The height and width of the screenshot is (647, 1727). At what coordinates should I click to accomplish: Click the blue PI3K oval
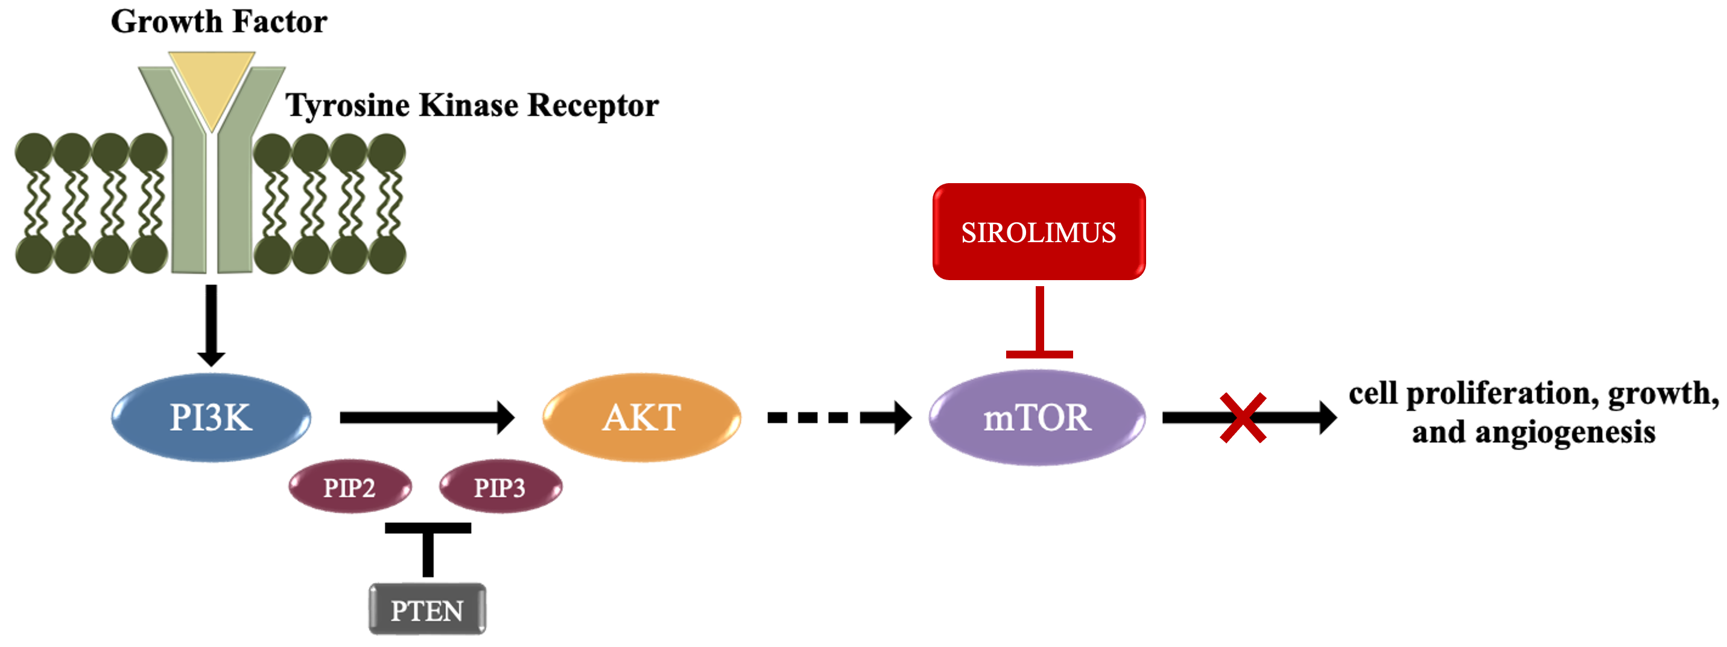pyautogui.click(x=211, y=417)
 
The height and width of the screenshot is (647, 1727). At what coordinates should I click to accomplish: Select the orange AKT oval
pyautogui.click(x=642, y=417)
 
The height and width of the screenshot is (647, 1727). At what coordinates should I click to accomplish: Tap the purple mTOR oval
pyautogui.click(x=1037, y=417)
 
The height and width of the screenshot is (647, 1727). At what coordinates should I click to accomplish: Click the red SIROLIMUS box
pyautogui.click(x=1039, y=232)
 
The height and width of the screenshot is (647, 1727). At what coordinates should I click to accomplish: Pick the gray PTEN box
pyautogui.click(x=427, y=610)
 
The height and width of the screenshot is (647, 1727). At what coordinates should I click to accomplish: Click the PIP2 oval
pyautogui.click(x=349, y=487)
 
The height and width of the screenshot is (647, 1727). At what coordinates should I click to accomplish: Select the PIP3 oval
pyautogui.click(x=500, y=487)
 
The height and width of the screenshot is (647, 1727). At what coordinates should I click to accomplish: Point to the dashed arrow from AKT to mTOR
pyautogui.click(x=838, y=417)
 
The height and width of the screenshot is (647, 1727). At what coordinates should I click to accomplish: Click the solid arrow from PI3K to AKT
pyautogui.click(x=426, y=417)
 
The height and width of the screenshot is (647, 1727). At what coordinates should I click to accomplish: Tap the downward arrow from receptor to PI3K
pyautogui.click(x=211, y=325)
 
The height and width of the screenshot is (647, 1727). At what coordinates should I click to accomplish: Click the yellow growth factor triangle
pyautogui.click(x=211, y=84)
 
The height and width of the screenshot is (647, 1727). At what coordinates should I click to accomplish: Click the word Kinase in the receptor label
pyautogui.click(x=469, y=105)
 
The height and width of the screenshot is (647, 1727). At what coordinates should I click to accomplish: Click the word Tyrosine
pyautogui.click(x=347, y=105)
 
